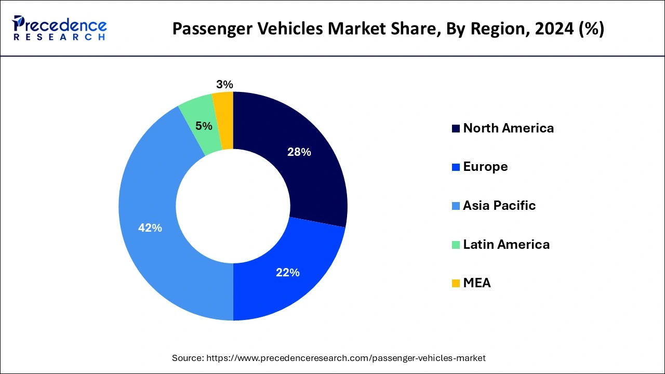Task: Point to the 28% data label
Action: click(x=299, y=152)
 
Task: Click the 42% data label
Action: click(x=150, y=228)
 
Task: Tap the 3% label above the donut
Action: click(x=224, y=84)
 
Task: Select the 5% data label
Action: click(x=204, y=126)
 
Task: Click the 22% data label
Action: click(x=288, y=272)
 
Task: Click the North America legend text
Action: click(x=508, y=128)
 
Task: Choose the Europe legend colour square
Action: click(x=456, y=167)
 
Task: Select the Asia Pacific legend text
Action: click(x=499, y=206)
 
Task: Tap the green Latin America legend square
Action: click(x=456, y=245)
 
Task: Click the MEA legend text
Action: click(x=476, y=283)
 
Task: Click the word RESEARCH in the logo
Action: click(x=60, y=37)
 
